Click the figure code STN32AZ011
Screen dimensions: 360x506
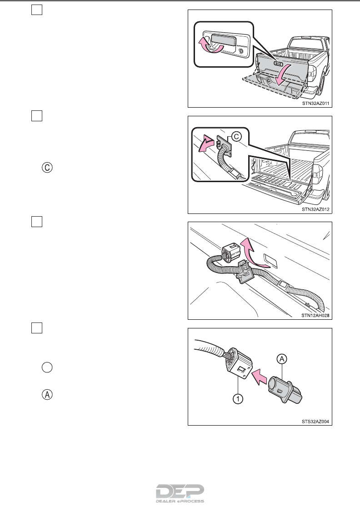(x=315, y=104)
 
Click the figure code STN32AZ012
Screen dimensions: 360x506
(x=315, y=209)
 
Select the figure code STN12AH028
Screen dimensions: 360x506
(x=315, y=315)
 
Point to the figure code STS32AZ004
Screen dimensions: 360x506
(x=315, y=422)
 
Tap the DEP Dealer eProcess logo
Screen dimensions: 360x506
(x=180, y=493)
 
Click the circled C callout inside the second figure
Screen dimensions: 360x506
(x=236, y=137)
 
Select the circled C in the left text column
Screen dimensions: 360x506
(x=47, y=168)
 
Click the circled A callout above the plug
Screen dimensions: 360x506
(x=282, y=359)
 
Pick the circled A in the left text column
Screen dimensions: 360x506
(x=47, y=395)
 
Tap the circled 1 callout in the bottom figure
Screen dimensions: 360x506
(x=238, y=399)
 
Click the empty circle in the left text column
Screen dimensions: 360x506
(x=47, y=367)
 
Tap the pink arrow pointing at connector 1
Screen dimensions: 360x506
(x=260, y=377)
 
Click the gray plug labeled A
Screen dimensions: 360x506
(x=285, y=389)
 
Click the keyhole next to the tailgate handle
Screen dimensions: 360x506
(x=240, y=51)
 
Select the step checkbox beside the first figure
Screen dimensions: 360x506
(x=37, y=10)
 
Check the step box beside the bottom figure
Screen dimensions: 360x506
(x=37, y=328)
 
